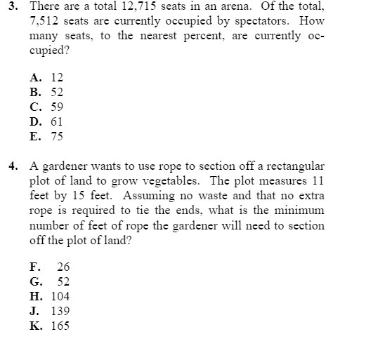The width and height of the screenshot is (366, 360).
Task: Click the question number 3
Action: pos(13,7)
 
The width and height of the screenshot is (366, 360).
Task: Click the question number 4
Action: pos(13,166)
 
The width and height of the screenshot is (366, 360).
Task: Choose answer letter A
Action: pos(34,78)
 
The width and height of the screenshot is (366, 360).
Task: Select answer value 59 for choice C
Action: pos(57,107)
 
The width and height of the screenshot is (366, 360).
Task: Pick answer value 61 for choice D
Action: pos(57,122)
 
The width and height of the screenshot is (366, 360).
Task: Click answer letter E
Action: pos(34,137)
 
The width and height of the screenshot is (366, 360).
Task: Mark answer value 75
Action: pos(57,137)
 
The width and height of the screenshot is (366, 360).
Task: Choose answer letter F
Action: pos(34,267)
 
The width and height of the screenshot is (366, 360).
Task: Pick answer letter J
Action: pos(34,311)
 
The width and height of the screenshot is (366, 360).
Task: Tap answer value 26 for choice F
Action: pos(63,267)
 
